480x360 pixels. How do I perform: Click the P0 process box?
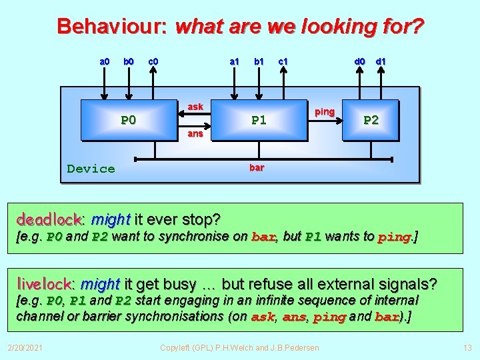point(129,120)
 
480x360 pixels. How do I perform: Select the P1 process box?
point(259,120)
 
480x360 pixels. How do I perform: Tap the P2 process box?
point(370,120)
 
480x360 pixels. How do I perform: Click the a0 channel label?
point(105,62)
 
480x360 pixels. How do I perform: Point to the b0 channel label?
point(128,62)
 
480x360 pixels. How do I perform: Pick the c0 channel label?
point(153,62)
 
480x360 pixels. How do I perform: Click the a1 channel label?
point(235,62)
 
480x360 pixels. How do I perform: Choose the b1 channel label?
point(259,62)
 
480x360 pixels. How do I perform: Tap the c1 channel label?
point(283,62)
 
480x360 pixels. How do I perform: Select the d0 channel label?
point(359,62)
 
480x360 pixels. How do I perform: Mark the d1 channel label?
point(381,62)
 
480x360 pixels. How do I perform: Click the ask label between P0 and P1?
point(195,107)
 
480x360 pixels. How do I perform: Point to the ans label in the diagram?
point(195,133)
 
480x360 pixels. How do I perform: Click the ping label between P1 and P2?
point(325,111)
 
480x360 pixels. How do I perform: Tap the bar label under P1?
point(257,168)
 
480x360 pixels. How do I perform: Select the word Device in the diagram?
point(91,169)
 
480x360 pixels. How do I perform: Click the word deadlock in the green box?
point(49,219)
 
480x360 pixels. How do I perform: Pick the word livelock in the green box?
point(45,285)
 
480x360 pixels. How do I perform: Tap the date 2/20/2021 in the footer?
point(25,347)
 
